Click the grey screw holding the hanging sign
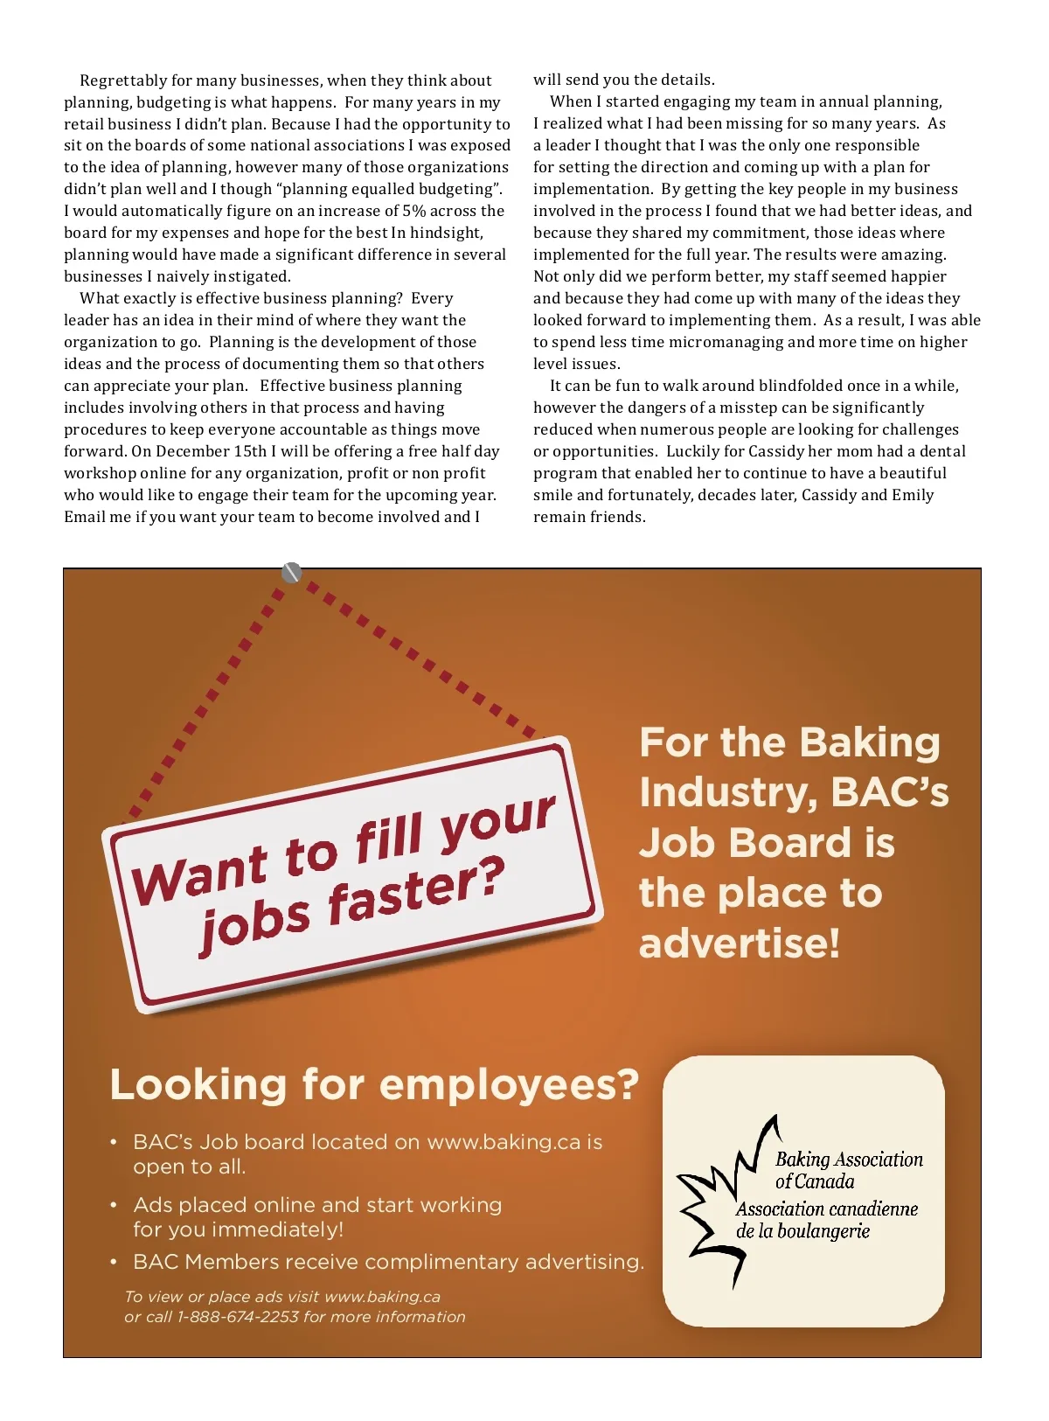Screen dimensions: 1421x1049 pos(292,573)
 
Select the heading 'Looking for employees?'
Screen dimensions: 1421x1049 pos(374,1085)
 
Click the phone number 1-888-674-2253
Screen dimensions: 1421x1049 pos(238,1317)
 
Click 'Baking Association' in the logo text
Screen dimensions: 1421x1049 pos(849,1160)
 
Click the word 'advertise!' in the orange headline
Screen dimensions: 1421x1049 pos(740,944)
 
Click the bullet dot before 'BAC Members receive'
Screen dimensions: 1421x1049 pos(114,1262)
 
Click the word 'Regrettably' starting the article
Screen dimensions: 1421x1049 pos(122,80)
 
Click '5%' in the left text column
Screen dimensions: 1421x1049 pos(413,211)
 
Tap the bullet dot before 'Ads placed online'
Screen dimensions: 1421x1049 pos(114,1205)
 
